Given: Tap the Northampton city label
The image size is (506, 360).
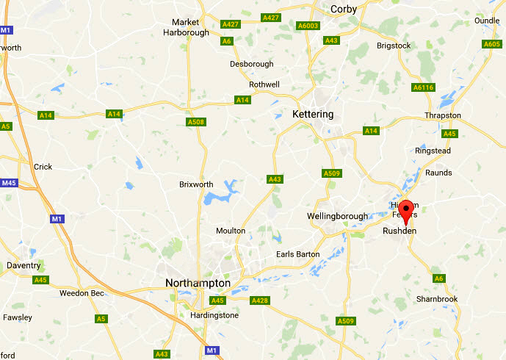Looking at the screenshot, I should (x=198, y=283).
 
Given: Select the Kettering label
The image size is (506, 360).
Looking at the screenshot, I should (x=312, y=114).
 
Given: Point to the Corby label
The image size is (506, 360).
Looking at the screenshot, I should (x=344, y=9).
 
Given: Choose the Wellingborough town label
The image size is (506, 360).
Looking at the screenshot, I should (x=336, y=216).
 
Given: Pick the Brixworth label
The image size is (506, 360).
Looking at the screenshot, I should (x=197, y=184).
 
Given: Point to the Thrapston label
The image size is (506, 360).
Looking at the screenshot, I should (x=443, y=115).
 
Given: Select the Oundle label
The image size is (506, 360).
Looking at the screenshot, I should (x=486, y=21).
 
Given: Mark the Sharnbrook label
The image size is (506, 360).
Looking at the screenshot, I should (x=437, y=299).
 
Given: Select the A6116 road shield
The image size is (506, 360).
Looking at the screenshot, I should (x=424, y=87).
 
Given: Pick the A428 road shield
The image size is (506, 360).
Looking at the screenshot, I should (x=260, y=300).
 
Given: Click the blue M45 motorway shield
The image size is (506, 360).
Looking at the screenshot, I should (x=9, y=183).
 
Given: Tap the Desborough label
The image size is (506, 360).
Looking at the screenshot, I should (x=251, y=64).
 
